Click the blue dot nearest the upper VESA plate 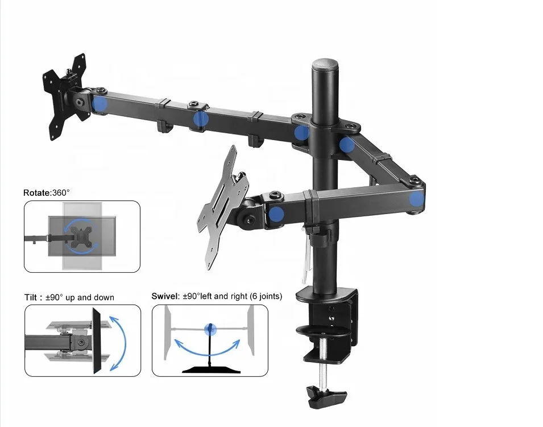pyautogui.click(x=100, y=104)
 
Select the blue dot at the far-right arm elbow pyautogui.click(x=417, y=199)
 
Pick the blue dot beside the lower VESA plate pyautogui.click(x=277, y=214)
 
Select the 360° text pyautogui.click(x=61, y=193)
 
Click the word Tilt pyautogui.click(x=31, y=297)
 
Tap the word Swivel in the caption pyautogui.click(x=164, y=296)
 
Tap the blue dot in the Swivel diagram pyautogui.click(x=210, y=328)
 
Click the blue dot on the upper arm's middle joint pyautogui.click(x=200, y=118)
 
